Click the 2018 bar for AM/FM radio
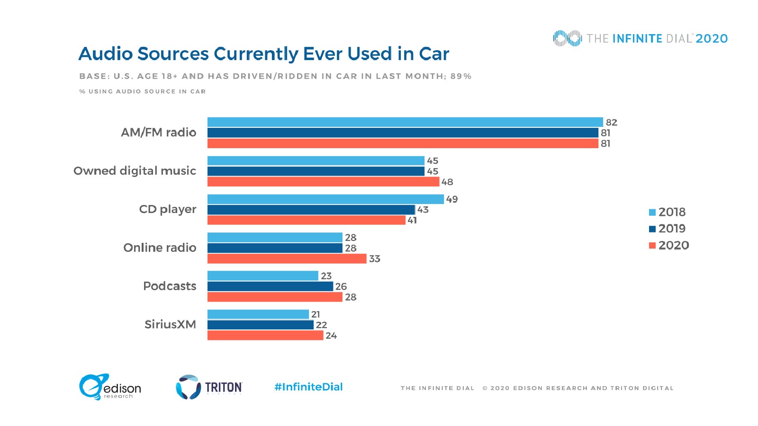(405, 122)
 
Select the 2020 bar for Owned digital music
(323, 182)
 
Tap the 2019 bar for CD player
(311, 210)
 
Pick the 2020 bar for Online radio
(287, 259)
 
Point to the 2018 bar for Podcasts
(262, 276)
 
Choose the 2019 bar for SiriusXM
(260, 325)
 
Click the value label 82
(611, 123)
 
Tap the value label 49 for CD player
(451, 199)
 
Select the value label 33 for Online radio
(374, 259)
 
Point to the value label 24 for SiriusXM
(331, 336)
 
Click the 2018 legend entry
(668, 212)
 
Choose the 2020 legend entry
(668, 245)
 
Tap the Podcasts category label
(170, 286)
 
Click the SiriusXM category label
(170, 324)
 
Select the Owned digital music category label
(135, 171)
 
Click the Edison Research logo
(110, 387)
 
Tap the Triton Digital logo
(209, 387)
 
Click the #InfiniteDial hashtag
(308, 387)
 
